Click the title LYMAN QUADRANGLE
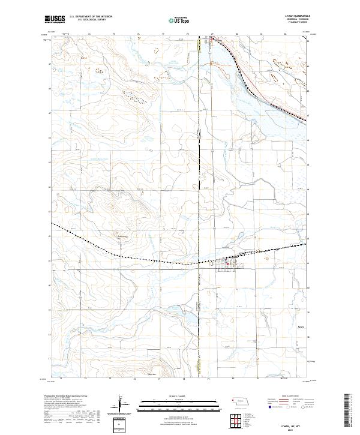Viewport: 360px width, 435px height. pos(289,17)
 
